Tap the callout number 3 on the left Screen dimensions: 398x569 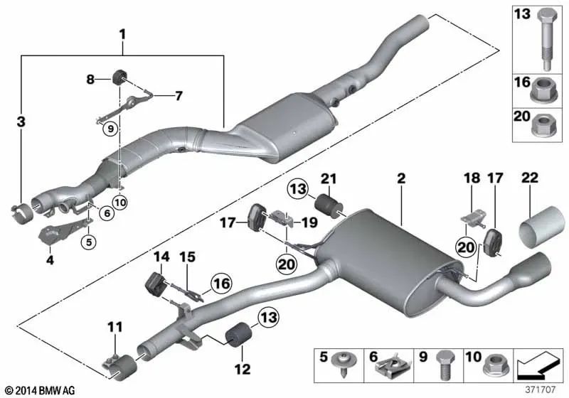point(21,122)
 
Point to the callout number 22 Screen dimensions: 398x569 point(50,261)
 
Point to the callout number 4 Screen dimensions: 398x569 point(50,261)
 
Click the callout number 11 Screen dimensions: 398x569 point(115,326)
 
